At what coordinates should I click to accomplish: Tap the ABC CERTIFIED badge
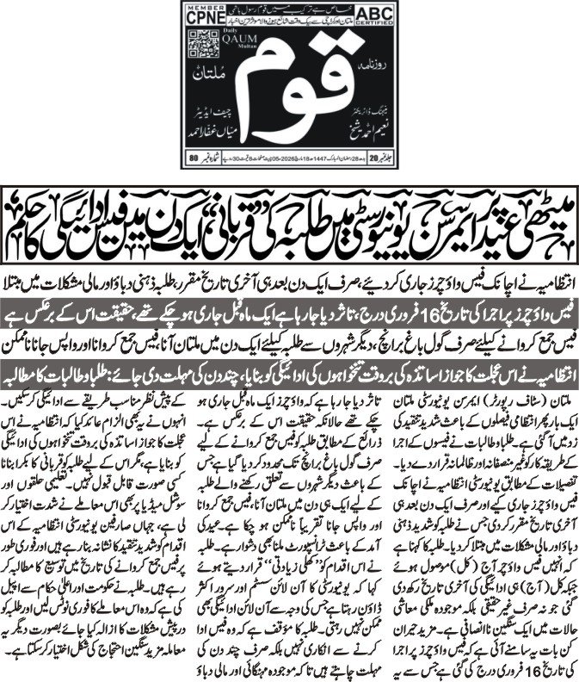[375, 21]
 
